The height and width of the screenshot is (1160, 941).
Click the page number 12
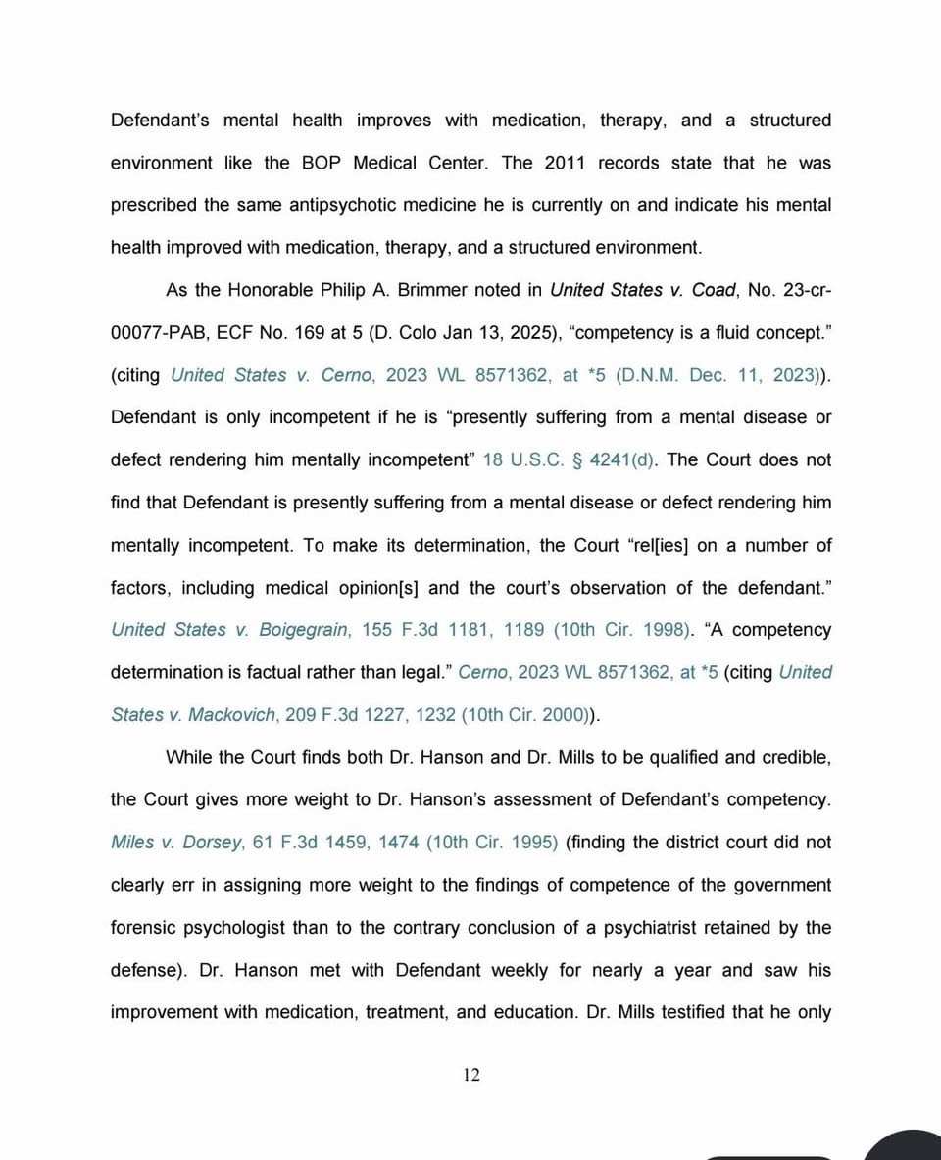[471, 1075]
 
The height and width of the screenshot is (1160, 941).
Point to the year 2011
[561, 163]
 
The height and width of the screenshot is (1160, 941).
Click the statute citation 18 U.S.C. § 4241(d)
[569, 459]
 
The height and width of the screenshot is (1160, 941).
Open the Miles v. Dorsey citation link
[176, 842]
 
